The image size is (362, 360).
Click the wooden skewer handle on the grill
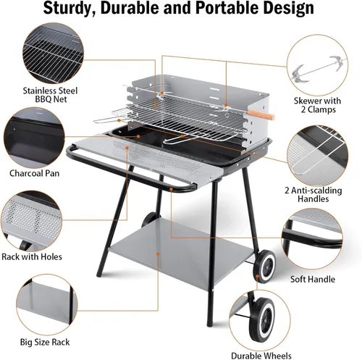tap(261, 115)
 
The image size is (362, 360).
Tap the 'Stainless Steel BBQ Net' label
tap(50, 95)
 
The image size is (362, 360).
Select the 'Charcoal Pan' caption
tap(35, 173)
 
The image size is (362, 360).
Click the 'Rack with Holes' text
tap(32, 256)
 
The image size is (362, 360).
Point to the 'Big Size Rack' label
tap(45, 342)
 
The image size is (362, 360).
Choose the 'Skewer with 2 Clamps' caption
tap(317, 105)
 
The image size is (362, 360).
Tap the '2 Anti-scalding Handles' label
tap(313, 195)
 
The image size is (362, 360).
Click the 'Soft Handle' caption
tap(313, 280)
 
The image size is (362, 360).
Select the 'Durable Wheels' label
tap(261, 356)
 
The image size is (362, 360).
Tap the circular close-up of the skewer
tap(317, 64)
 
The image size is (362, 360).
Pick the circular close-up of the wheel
tap(260, 319)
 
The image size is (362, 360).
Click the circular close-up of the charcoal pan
tap(34, 138)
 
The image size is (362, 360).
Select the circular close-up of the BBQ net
tap(53, 54)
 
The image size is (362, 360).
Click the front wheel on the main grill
tap(264, 267)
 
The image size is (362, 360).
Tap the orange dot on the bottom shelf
tap(158, 254)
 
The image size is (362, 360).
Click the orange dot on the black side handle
tap(171, 189)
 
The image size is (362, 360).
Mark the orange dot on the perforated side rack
tap(127, 147)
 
